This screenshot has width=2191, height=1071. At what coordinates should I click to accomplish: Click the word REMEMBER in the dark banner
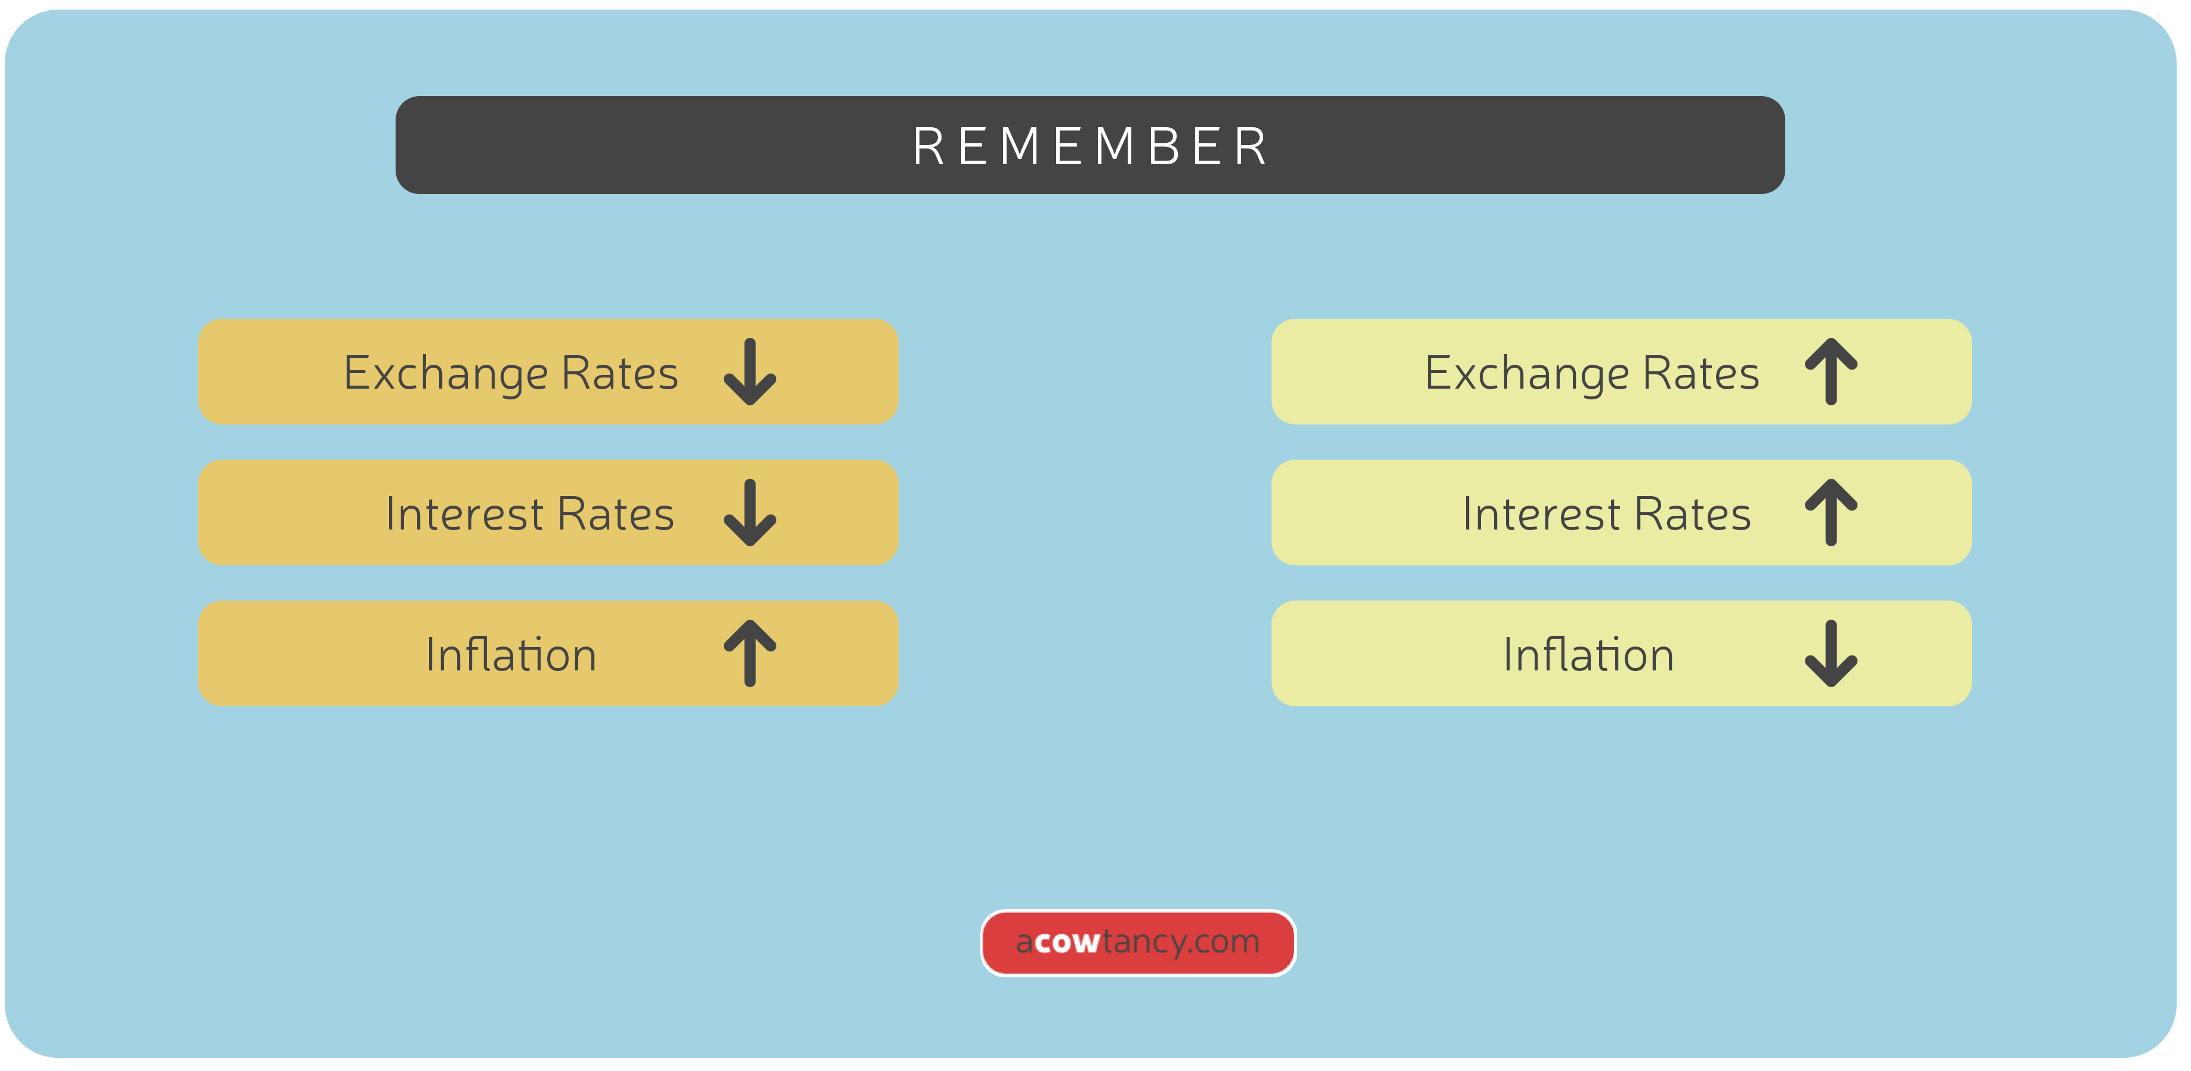click(1090, 146)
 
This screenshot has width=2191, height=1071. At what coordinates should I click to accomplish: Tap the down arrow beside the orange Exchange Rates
click(749, 373)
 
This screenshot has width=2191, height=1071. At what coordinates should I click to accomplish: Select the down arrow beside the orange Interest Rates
click(749, 513)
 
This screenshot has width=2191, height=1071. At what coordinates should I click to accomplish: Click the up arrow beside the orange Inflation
click(749, 653)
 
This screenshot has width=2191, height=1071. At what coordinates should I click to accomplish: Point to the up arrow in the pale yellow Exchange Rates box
click(1831, 373)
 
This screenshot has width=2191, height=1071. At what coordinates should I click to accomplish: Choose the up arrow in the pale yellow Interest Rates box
click(1831, 513)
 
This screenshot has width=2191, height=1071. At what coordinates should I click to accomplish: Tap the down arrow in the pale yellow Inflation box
click(1831, 653)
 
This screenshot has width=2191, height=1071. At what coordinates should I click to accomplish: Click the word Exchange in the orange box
click(446, 374)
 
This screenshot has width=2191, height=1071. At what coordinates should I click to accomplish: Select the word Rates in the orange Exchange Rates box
click(619, 374)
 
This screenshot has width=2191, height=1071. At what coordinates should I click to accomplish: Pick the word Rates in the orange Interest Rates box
click(616, 514)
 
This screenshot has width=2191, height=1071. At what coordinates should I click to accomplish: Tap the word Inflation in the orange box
click(511, 654)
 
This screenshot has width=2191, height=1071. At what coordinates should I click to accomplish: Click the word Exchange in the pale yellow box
click(1527, 374)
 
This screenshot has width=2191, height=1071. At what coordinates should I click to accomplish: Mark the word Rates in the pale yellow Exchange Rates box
click(1701, 374)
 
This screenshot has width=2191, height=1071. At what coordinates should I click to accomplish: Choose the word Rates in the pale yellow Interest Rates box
click(1693, 514)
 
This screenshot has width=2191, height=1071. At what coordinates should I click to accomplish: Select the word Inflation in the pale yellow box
click(1588, 654)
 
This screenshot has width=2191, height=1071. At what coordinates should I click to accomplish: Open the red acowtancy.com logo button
click(1138, 943)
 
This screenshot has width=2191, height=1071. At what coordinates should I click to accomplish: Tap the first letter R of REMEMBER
click(927, 146)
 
